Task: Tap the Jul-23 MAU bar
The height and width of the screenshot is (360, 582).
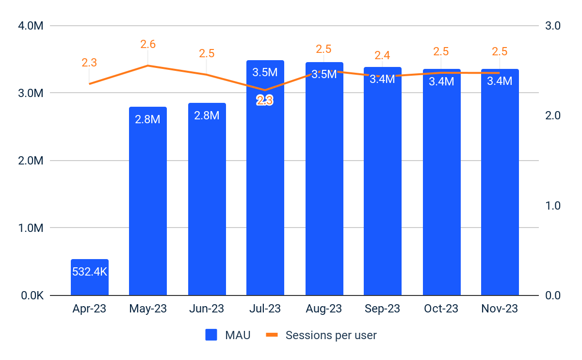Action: pyautogui.click(x=265, y=194)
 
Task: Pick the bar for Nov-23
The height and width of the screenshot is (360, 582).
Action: pyautogui.click(x=500, y=194)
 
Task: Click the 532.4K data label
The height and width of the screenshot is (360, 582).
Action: pyautogui.click(x=89, y=272)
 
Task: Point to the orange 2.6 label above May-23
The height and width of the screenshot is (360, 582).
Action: pyautogui.click(x=148, y=45)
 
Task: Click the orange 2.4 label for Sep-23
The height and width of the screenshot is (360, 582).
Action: pyautogui.click(x=382, y=55)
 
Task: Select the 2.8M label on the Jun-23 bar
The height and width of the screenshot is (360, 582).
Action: pyautogui.click(x=207, y=115)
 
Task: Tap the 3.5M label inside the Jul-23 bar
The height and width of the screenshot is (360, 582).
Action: pyautogui.click(x=265, y=73)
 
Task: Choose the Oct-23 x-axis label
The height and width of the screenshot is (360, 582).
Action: pyautogui.click(x=441, y=309)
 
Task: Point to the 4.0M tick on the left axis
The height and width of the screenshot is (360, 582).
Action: pyautogui.click(x=31, y=26)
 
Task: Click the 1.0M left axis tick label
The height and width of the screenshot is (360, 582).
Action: pyautogui.click(x=31, y=228)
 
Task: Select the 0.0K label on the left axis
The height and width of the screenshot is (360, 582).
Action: pyautogui.click(x=31, y=295)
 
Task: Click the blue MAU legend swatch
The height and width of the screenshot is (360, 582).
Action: pyautogui.click(x=211, y=335)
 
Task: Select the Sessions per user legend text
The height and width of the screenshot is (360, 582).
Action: pyautogui.click(x=331, y=335)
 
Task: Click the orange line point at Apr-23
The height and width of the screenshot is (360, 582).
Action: pyautogui.click(x=89, y=84)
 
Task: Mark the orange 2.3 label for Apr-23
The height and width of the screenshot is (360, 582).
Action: pyautogui.click(x=89, y=63)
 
